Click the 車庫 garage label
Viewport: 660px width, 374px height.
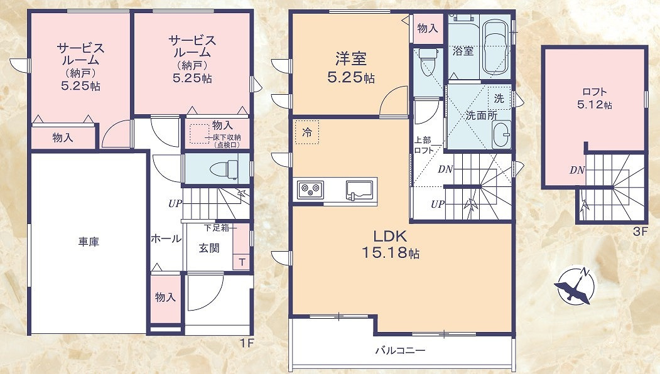tap(89, 242)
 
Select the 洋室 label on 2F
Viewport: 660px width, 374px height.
tap(350, 58)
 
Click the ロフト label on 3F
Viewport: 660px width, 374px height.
tap(594, 92)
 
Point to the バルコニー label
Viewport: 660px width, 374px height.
tap(400, 350)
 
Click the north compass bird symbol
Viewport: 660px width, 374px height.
tap(574, 285)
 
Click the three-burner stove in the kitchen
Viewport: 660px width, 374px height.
tap(311, 190)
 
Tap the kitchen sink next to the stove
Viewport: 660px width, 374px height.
tap(359, 190)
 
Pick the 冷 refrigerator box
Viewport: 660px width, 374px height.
tap(307, 132)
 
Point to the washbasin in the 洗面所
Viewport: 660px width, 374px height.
tap(501, 134)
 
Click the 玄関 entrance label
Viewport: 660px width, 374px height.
tap(209, 248)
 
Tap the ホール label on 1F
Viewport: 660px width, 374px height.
tap(166, 239)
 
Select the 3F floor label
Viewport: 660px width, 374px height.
tap(639, 231)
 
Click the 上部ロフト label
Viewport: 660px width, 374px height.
tap(423, 145)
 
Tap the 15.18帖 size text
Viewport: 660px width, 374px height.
tap(390, 252)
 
